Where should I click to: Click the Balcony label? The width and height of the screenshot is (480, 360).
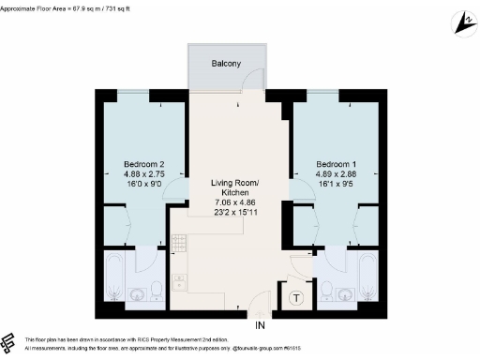(x=226, y=63)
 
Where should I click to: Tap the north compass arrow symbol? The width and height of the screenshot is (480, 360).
(x=462, y=20)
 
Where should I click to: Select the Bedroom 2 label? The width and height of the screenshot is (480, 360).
(x=143, y=163)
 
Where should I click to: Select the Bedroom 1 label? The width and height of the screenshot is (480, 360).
(x=335, y=163)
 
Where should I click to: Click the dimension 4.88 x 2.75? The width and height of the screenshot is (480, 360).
(x=143, y=174)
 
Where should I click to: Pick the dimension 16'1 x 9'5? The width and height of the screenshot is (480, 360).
(x=335, y=186)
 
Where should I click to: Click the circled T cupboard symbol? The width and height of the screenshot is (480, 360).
(x=296, y=299)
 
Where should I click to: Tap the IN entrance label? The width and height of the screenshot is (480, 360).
(x=261, y=324)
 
